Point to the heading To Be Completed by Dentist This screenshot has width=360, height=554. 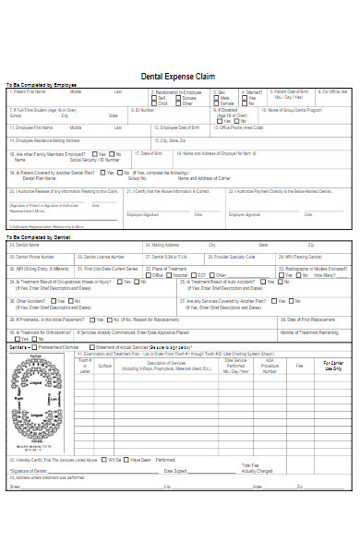click(x=38, y=237)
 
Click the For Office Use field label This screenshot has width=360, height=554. click(x=333, y=92)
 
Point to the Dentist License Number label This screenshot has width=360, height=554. click(x=104, y=256)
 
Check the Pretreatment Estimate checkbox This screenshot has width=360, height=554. click(x=32, y=346)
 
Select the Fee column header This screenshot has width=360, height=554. click(x=298, y=366)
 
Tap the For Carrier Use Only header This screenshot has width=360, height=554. click(x=332, y=366)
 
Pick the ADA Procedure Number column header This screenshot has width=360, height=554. click(x=269, y=366)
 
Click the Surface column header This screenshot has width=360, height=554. click(x=104, y=366)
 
